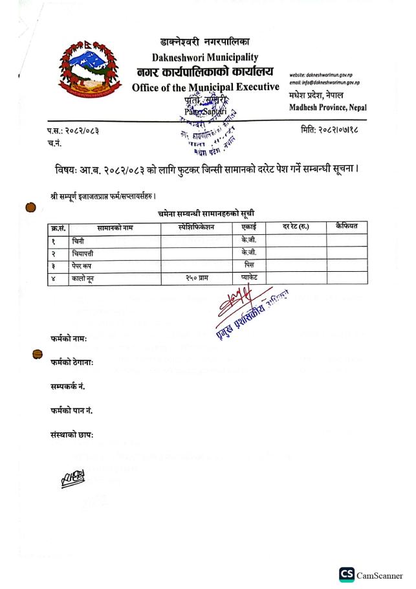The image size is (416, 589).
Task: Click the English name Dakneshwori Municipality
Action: (206, 57)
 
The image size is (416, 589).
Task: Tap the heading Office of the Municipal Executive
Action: (206, 87)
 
